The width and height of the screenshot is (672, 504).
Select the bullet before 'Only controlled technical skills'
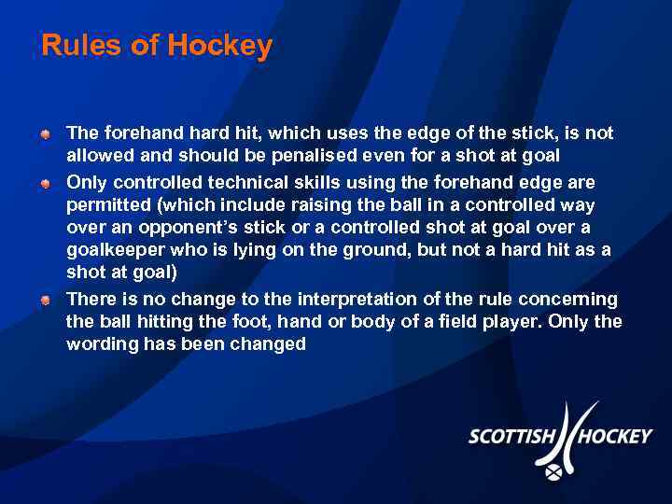pos(45,182)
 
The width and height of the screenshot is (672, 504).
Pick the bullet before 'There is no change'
pos(45,300)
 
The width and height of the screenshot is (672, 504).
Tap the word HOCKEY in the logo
pos(616,436)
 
